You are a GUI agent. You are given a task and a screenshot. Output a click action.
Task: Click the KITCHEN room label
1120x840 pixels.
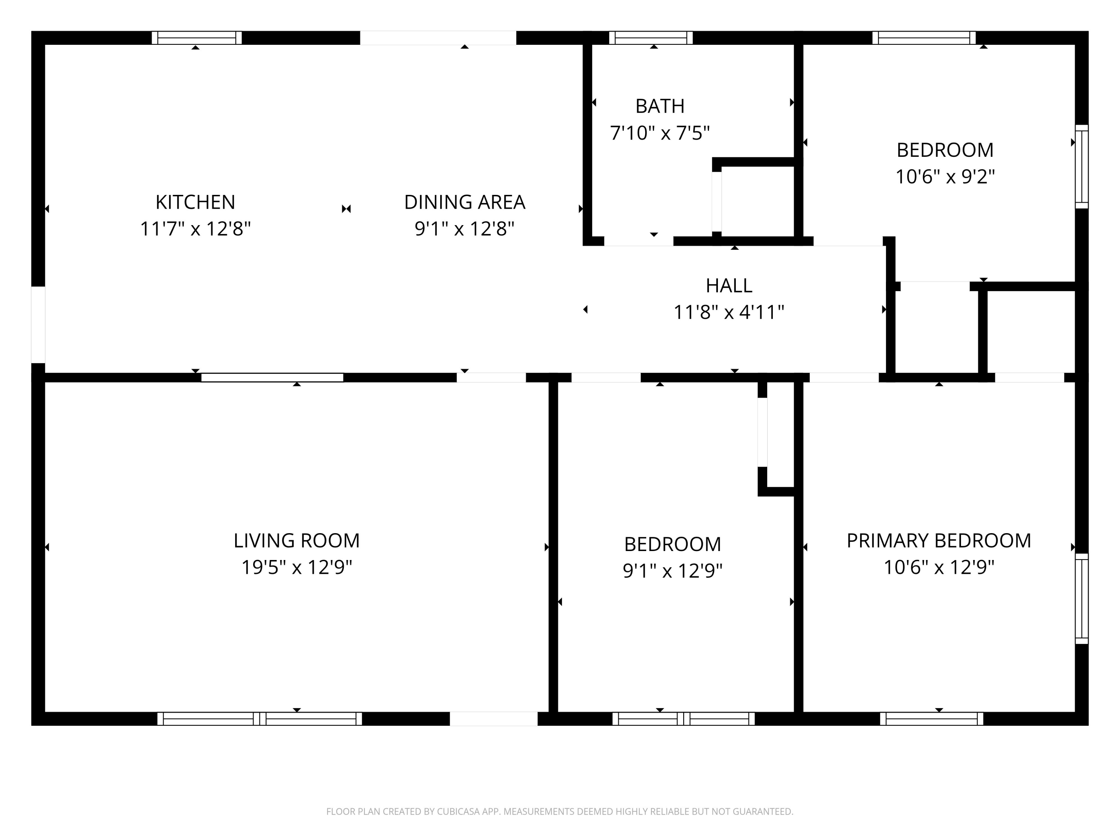[x=196, y=202]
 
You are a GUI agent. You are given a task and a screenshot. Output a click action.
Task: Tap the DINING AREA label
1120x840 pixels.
[x=464, y=202]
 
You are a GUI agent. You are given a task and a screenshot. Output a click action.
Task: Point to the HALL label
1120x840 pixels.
[x=729, y=286]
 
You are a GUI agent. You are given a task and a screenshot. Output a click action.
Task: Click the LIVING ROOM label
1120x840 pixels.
[x=297, y=541]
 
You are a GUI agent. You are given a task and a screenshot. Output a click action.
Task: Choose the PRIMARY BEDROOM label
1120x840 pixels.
[x=939, y=541]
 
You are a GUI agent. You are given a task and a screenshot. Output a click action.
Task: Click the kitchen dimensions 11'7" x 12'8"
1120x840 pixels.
[x=196, y=229]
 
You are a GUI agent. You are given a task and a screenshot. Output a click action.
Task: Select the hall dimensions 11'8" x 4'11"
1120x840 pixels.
[x=729, y=312]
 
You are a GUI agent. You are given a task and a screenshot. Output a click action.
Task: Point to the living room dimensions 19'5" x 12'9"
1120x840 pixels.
[x=297, y=567]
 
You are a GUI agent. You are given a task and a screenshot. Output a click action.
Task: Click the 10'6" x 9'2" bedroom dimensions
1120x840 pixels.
[x=945, y=177]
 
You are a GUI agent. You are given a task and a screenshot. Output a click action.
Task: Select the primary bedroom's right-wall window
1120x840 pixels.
[x=1082, y=598]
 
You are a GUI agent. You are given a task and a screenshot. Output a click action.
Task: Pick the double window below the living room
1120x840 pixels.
[x=260, y=719]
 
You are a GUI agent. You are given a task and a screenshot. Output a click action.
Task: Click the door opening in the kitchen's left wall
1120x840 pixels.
[x=38, y=324]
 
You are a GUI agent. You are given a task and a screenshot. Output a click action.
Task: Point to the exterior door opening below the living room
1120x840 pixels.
[x=494, y=719]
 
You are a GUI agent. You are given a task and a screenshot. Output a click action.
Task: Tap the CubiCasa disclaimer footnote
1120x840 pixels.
[x=560, y=812]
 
